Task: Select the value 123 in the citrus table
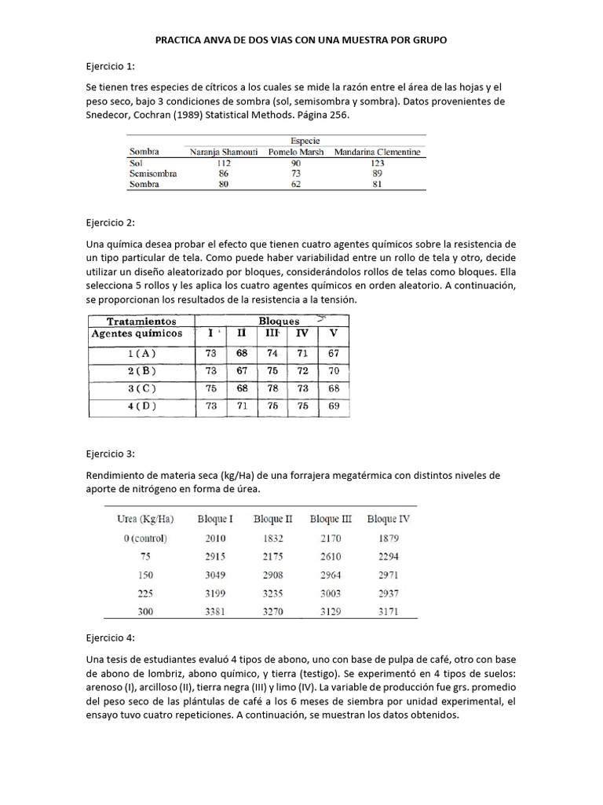[377, 163]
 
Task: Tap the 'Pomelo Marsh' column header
[295, 152]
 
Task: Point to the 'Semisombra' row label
[152, 174]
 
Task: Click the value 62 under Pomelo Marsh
[295, 185]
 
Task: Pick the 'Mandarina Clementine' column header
[377, 152]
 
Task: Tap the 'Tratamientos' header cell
[141, 321]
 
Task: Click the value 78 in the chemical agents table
[272, 388]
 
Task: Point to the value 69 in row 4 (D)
[333, 406]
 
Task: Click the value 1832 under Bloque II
[273, 539]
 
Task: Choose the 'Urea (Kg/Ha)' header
[144, 519]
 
